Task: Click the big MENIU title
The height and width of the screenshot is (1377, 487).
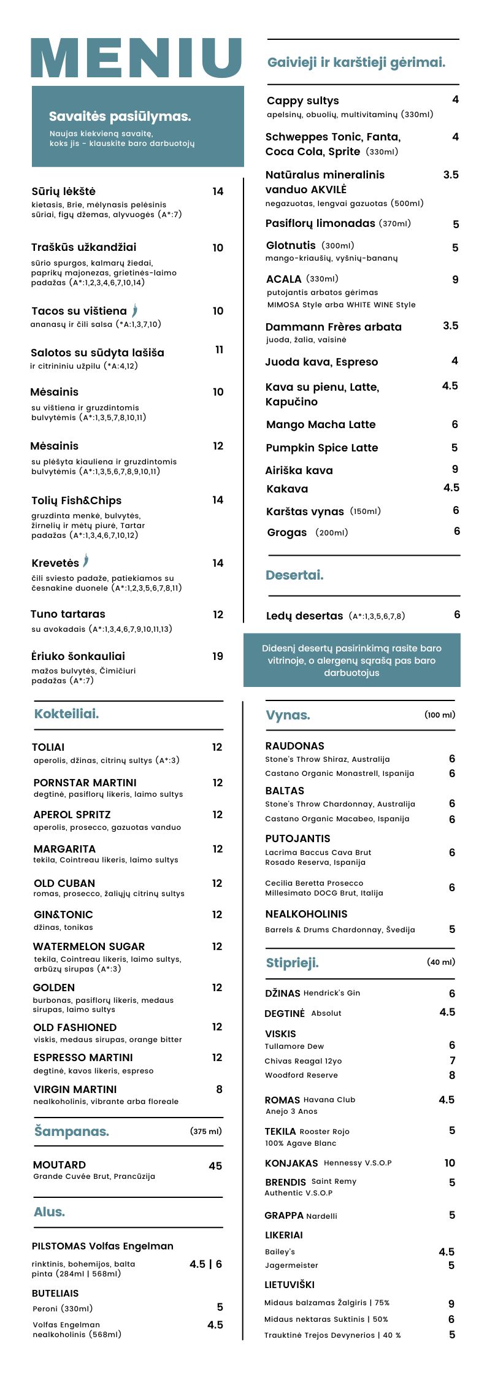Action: tap(136, 58)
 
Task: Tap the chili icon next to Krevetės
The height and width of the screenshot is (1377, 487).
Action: tap(86, 561)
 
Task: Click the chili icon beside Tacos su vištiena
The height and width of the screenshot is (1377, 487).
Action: tap(134, 310)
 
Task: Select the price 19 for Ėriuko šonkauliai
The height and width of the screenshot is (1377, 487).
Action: tap(218, 656)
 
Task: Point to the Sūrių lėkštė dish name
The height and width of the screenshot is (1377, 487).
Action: tap(63, 191)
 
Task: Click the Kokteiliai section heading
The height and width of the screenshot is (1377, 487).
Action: tap(66, 714)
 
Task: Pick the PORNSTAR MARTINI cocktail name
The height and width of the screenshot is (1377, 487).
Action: tap(85, 783)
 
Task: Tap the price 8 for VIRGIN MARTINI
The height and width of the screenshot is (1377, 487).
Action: tap(219, 1089)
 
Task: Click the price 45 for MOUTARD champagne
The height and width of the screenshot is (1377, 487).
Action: tap(215, 1166)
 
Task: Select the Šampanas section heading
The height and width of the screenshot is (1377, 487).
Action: tap(72, 1131)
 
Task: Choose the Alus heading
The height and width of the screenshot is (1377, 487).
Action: tap(49, 1212)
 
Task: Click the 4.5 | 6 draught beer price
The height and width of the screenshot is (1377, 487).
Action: tap(205, 1264)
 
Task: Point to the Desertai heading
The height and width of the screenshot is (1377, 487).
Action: tap(294, 575)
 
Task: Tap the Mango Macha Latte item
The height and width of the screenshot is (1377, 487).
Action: tap(321, 424)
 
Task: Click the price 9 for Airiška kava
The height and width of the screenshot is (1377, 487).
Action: tap(455, 469)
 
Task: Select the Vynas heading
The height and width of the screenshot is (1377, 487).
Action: tap(288, 715)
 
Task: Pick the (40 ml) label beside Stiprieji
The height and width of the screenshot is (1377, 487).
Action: tap(441, 962)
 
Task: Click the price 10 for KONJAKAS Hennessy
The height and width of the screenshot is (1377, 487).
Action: tap(450, 1163)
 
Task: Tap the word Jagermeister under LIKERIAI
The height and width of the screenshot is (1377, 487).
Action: tap(291, 1265)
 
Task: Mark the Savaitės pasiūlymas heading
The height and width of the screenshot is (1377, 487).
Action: tap(120, 117)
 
